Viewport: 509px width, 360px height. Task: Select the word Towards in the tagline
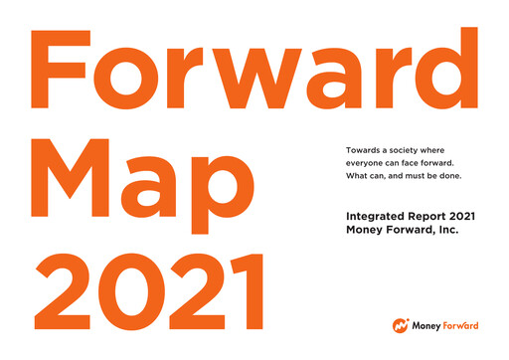coord(362,149)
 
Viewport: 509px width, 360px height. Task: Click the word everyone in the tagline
coord(367,163)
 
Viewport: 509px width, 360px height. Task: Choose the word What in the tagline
coord(356,177)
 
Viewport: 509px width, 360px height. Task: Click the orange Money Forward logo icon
coord(400,325)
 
